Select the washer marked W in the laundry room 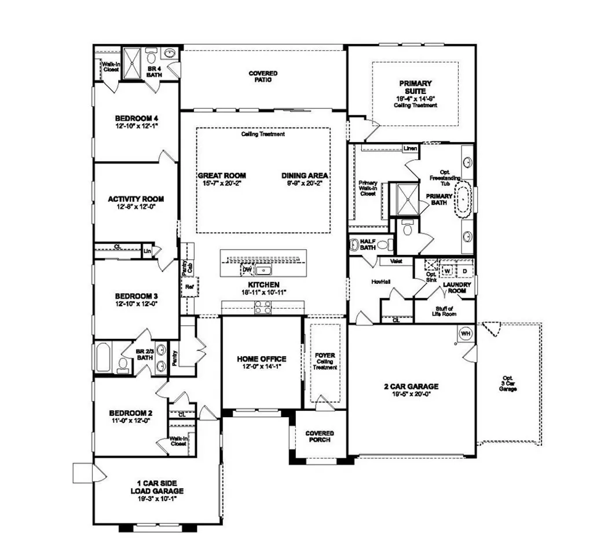447,271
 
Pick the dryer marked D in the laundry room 464,271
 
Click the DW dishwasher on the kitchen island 247,269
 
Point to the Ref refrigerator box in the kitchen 189,287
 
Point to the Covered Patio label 263,76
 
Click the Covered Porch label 320,436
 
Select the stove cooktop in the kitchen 262,309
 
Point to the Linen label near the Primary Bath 409,148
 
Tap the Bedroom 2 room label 131,413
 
